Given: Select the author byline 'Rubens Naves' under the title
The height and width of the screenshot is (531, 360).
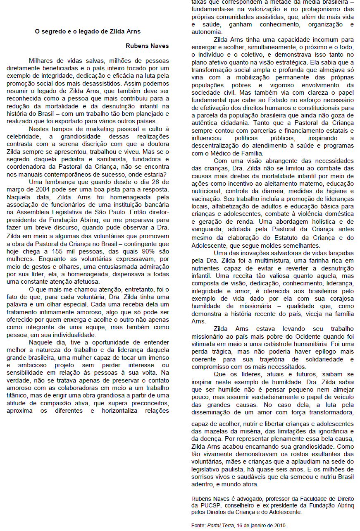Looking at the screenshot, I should pyautogui.click(x=147, y=45).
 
